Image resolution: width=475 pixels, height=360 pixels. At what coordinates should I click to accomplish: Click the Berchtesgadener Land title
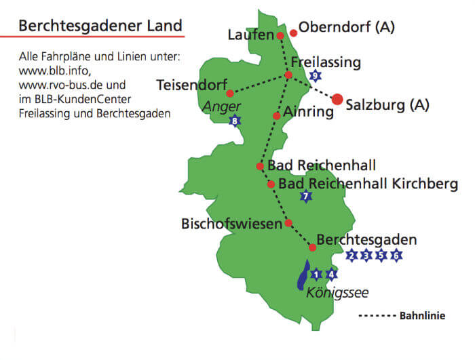(100, 26)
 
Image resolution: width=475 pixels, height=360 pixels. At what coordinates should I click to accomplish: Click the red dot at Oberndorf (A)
(294, 33)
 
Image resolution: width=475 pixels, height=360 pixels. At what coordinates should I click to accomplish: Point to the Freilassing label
(326, 62)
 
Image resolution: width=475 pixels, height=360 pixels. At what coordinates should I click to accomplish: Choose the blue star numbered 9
(315, 75)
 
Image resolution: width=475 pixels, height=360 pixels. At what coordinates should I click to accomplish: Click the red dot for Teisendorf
(230, 94)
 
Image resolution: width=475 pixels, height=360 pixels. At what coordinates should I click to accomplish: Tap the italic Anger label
(223, 106)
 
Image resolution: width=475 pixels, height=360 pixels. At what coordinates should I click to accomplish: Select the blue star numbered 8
(235, 121)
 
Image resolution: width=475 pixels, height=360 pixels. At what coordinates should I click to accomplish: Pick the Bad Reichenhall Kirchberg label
(368, 183)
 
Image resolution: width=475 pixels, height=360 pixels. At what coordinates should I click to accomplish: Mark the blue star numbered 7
(306, 197)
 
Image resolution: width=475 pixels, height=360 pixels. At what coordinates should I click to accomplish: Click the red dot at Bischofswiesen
(288, 222)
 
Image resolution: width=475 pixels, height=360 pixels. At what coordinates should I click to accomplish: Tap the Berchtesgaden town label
(366, 240)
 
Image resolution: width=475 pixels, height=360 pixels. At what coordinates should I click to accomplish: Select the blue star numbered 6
(396, 256)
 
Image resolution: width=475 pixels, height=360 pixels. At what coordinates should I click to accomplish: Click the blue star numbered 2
(351, 256)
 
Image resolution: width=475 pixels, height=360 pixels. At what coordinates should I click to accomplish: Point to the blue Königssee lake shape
(303, 277)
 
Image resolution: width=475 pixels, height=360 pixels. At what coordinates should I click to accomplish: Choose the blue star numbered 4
(331, 275)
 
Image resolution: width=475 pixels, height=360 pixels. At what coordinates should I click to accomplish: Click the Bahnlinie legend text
(423, 316)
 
